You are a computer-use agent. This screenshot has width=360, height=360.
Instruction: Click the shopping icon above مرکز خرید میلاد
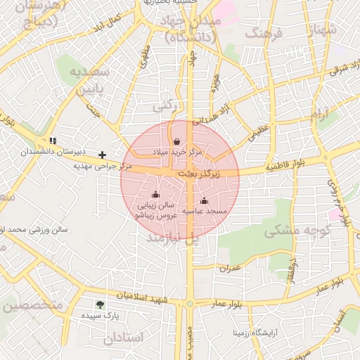176,141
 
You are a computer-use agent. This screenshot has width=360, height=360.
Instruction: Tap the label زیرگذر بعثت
198,172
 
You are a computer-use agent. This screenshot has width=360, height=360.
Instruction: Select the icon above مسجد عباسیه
205,200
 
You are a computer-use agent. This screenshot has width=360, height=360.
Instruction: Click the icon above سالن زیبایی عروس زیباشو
156,195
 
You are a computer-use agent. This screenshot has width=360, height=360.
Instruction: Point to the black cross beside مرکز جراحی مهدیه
103,155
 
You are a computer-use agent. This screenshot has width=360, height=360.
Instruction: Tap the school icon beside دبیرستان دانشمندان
53,141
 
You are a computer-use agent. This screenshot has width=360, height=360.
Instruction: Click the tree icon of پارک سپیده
99,304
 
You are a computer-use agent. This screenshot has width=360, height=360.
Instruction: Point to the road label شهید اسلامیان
143,297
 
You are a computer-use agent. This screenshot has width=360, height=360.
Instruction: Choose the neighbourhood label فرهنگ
264,34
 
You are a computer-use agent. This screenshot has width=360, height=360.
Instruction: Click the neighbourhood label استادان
124,338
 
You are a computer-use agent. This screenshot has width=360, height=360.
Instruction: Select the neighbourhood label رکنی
163,106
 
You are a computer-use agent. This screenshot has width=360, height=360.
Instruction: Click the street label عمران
229,268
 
